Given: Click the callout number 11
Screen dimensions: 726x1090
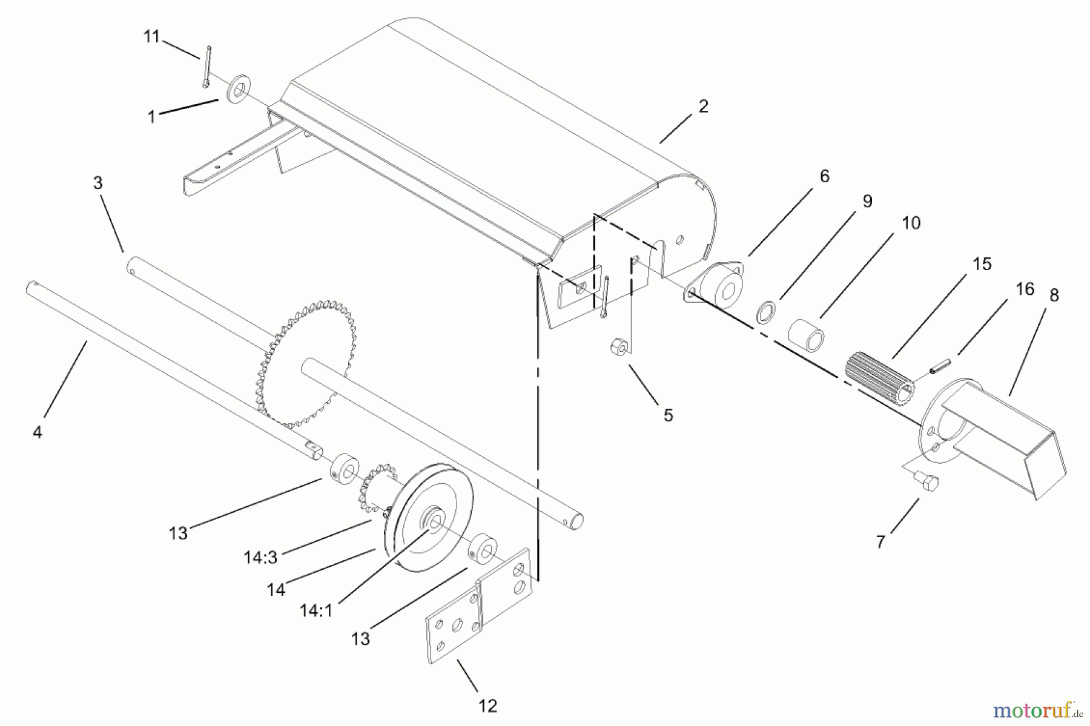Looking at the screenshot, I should point(151,37).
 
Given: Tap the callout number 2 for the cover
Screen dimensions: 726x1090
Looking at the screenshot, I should point(702,107).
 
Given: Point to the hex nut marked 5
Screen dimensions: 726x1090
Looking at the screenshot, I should point(618,348).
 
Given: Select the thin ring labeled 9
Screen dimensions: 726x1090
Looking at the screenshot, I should point(766,312).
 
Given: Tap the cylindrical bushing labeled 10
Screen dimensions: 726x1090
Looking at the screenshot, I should point(807,334).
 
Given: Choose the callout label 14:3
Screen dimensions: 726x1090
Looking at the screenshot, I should point(260,557).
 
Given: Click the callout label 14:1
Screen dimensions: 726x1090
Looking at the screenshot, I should point(316,610).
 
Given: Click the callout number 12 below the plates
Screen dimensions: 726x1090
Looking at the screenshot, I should point(487,705).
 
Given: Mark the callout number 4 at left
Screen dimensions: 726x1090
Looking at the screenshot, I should point(38,432).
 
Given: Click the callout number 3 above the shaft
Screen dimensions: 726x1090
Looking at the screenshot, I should point(98,183).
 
